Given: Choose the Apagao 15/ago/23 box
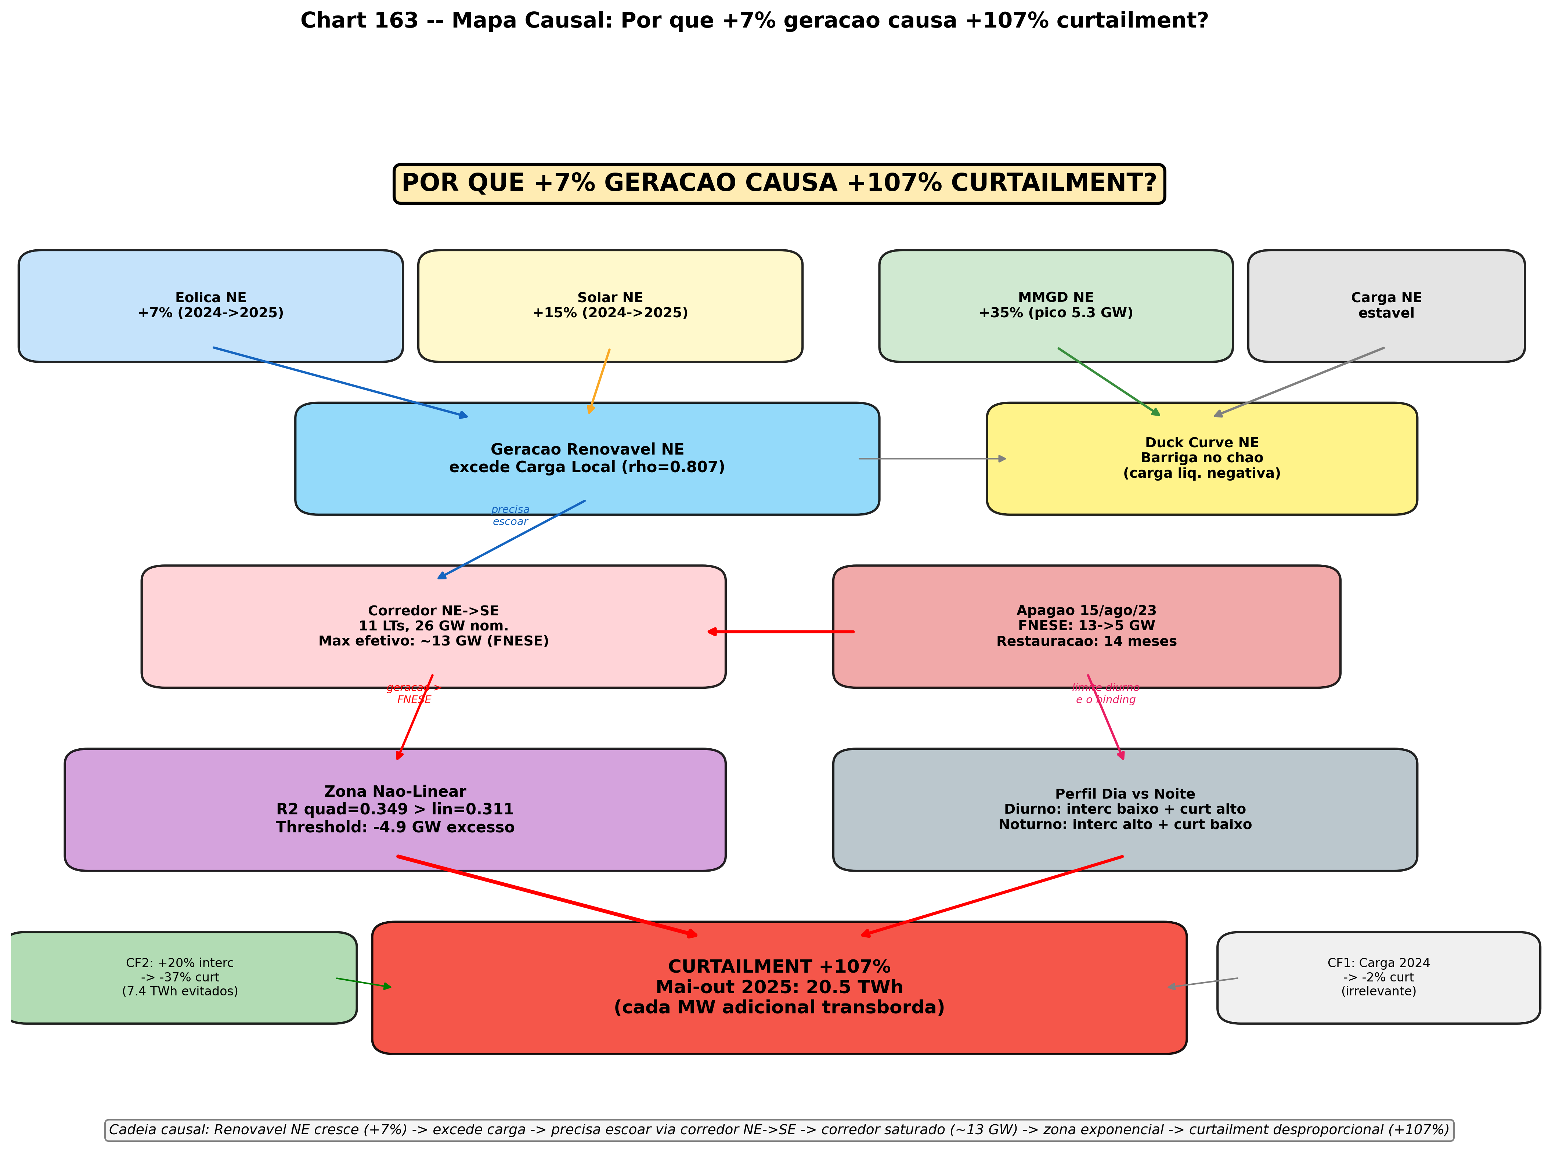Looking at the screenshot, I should tap(1086, 626).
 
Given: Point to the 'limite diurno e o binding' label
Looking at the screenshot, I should tap(1105, 694).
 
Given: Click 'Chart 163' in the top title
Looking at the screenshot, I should tap(360, 21).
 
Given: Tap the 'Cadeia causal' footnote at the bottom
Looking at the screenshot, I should tap(779, 1130).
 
